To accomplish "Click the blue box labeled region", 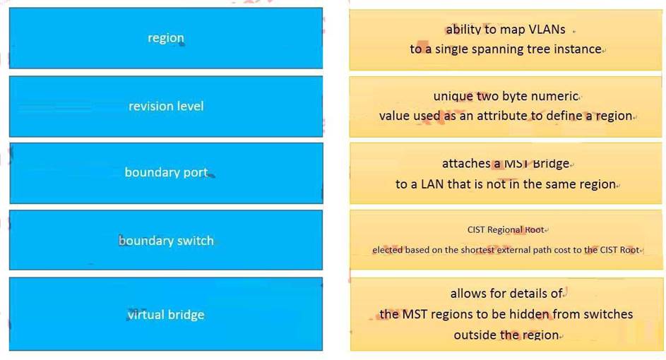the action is click(x=166, y=38).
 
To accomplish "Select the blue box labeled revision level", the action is click(x=166, y=106).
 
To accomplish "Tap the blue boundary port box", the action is click(x=166, y=173).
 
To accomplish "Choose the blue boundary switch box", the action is click(x=166, y=240).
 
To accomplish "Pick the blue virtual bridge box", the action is click(x=166, y=314).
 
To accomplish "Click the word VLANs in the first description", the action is click(x=547, y=30).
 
